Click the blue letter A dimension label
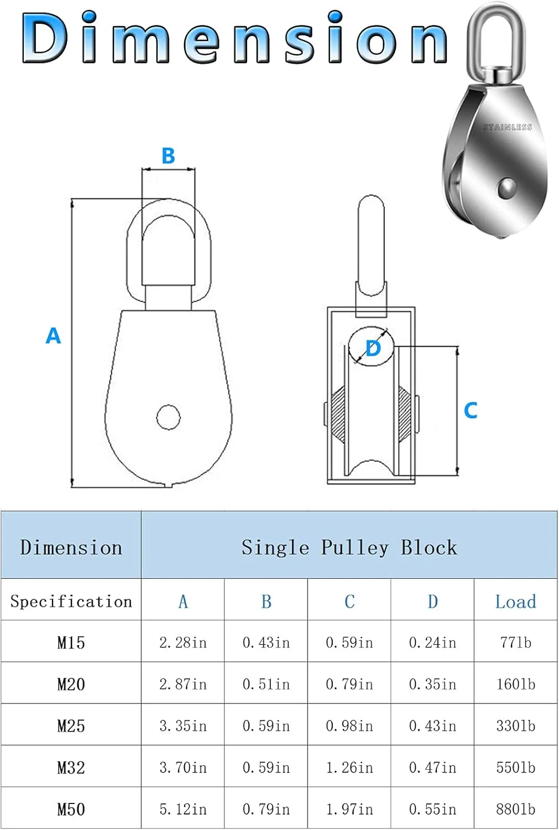coord(53,336)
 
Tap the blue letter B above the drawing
coord(168,155)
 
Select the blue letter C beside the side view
coord(471,410)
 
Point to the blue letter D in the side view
coord(373,349)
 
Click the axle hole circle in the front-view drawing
coord(168,417)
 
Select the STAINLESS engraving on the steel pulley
coord(507,127)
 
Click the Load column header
coord(515,601)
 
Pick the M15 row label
coord(71,642)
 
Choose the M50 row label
coord(71,810)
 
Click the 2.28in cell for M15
coord(183,642)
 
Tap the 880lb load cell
coord(515,810)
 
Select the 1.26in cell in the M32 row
coord(349,767)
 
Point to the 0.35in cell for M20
coord(432,684)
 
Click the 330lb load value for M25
coord(515,726)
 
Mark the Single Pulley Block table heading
coord(349,547)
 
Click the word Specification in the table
coord(71,601)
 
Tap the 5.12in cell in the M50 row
coord(183,810)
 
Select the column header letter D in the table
coord(432,601)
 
